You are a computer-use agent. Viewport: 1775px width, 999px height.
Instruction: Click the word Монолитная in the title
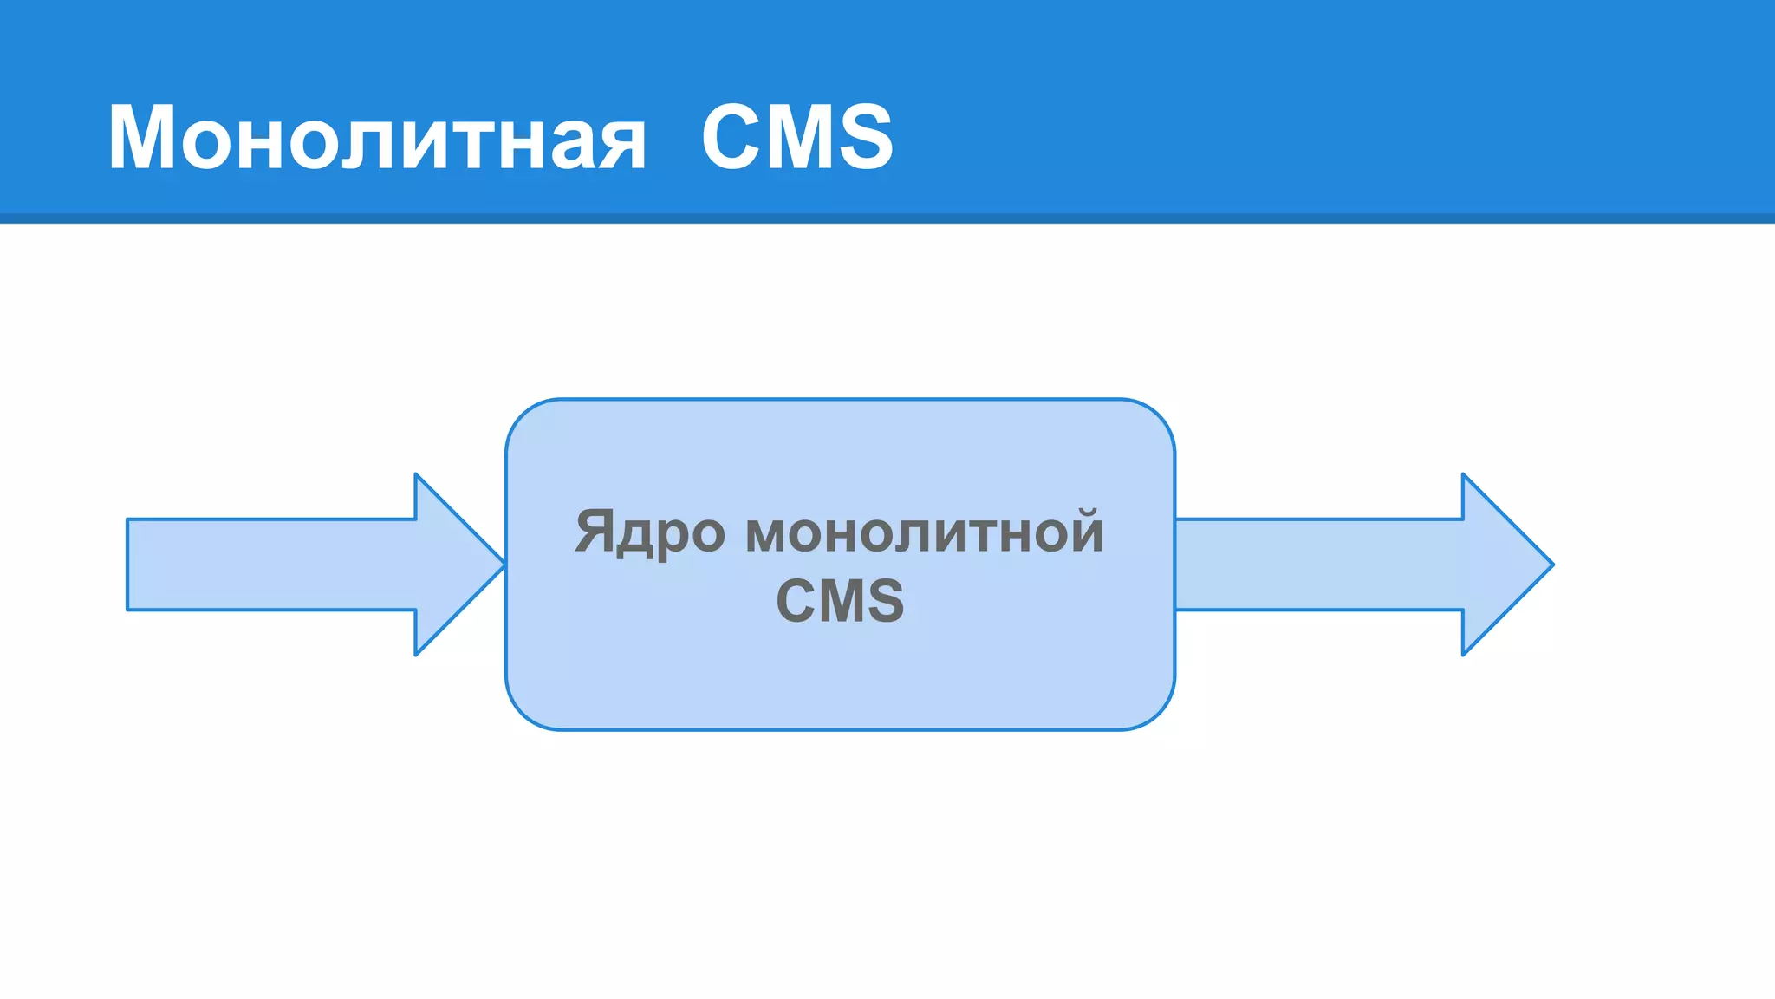377,137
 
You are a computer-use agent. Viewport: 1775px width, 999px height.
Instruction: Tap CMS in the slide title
796,137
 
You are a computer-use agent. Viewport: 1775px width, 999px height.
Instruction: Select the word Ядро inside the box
650,532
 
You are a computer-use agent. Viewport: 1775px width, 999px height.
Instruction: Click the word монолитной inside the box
924,532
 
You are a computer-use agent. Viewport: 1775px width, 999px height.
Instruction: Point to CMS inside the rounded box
840,600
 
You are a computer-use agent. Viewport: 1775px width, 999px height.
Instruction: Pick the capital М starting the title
143,137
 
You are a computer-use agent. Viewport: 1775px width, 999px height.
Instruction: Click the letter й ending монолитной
1083,530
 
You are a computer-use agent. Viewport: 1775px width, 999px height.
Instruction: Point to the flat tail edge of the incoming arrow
128,565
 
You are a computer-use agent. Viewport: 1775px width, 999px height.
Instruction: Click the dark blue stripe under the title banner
887,219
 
